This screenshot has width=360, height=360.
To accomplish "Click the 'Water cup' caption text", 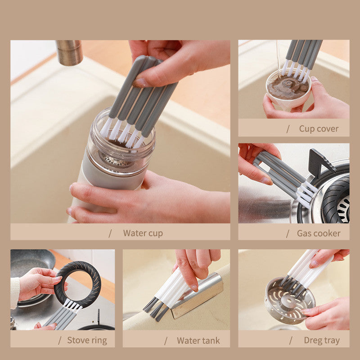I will click(x=143, y=233).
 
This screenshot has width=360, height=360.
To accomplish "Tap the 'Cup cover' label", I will click(x=319, y=129).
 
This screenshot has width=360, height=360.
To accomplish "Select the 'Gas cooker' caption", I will click(x=319, y=233).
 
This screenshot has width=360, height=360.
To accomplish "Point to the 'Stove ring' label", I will click(x=87, y=340).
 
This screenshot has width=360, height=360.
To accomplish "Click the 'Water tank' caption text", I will click(x=198, y=340).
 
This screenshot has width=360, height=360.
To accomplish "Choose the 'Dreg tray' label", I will click(x=322, y=340).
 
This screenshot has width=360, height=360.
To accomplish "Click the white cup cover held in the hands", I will click(x=288, y=92).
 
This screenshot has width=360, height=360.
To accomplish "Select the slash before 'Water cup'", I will click(x=110, y=233).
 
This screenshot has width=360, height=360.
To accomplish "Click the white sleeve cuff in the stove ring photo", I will click(x=15, y=292).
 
